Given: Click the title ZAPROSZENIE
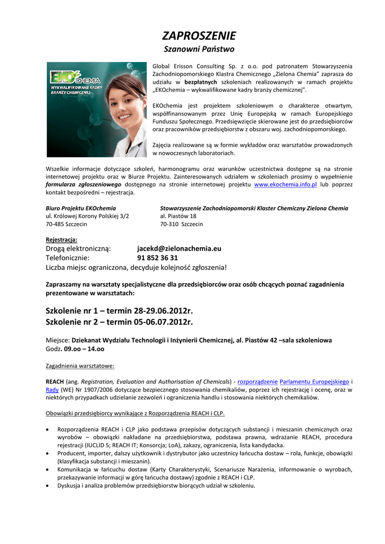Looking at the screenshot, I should pos(199,36).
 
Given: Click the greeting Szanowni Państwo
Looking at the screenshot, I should pos(199,49).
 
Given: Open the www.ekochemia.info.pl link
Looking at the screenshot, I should pos(285,184).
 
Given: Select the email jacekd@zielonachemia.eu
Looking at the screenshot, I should pos(179,249).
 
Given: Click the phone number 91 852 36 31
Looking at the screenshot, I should pos(158,258).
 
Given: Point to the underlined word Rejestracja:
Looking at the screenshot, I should pos(62,240).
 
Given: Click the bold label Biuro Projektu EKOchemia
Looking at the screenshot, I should pos(81,208).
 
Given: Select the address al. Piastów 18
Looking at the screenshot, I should pos(178,216).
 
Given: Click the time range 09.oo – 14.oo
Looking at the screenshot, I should pos(84,350).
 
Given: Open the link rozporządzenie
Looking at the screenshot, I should pos(258,381).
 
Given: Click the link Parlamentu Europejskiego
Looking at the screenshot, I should pos(314,381).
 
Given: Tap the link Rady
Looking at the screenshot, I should pos(52,389).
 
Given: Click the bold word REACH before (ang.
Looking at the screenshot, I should pos(55,381).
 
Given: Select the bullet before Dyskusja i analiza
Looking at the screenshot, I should pos(49,485).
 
